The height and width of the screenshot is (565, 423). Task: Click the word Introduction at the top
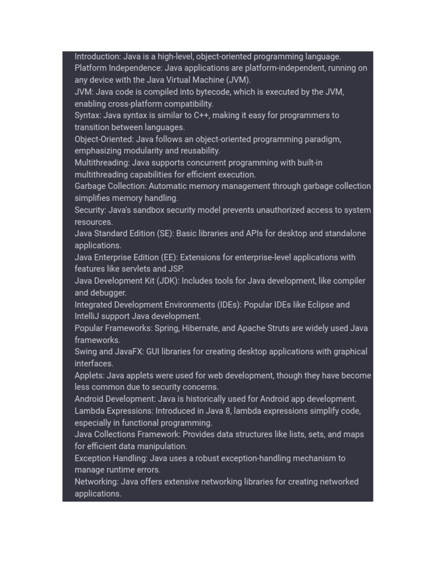97,56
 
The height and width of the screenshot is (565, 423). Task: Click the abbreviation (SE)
165,233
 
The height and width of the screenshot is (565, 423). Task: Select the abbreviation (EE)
169,257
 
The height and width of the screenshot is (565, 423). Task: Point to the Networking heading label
96,482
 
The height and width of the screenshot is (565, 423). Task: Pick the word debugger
109,293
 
